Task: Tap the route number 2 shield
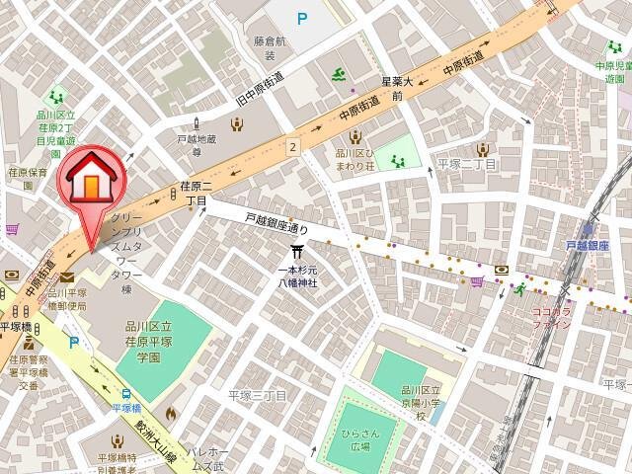(x=292, y=146)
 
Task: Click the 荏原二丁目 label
(x=195, y=193)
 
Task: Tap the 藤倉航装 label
(x=270, y=49)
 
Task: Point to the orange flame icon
(x=170, y=414)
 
